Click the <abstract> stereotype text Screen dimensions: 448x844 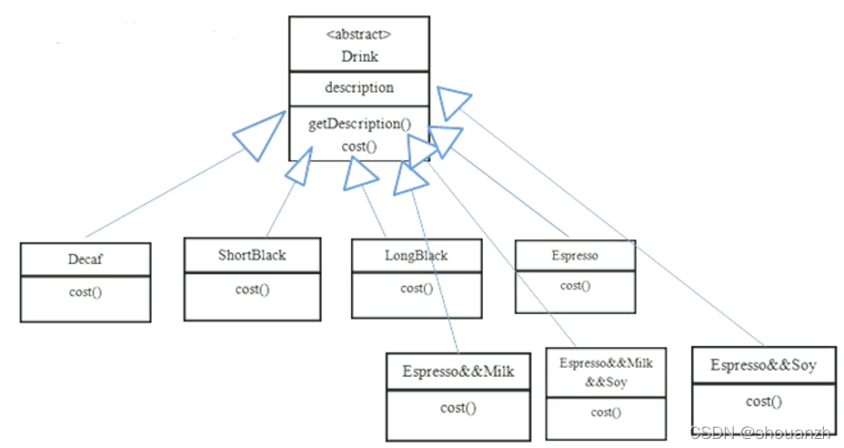pos(358,36)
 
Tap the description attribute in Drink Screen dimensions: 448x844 pos(359,87)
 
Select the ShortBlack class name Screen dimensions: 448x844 pos(252,254)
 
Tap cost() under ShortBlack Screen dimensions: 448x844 pos(252,289)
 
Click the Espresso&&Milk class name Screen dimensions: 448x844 pos(458,372)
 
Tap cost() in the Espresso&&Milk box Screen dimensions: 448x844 pos(458,407)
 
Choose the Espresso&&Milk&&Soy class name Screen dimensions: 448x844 pos(606,372)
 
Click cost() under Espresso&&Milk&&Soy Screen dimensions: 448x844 pos(606,412)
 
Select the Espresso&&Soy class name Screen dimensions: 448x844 pos(763,366)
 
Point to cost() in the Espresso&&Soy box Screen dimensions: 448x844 pos(763,402)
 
